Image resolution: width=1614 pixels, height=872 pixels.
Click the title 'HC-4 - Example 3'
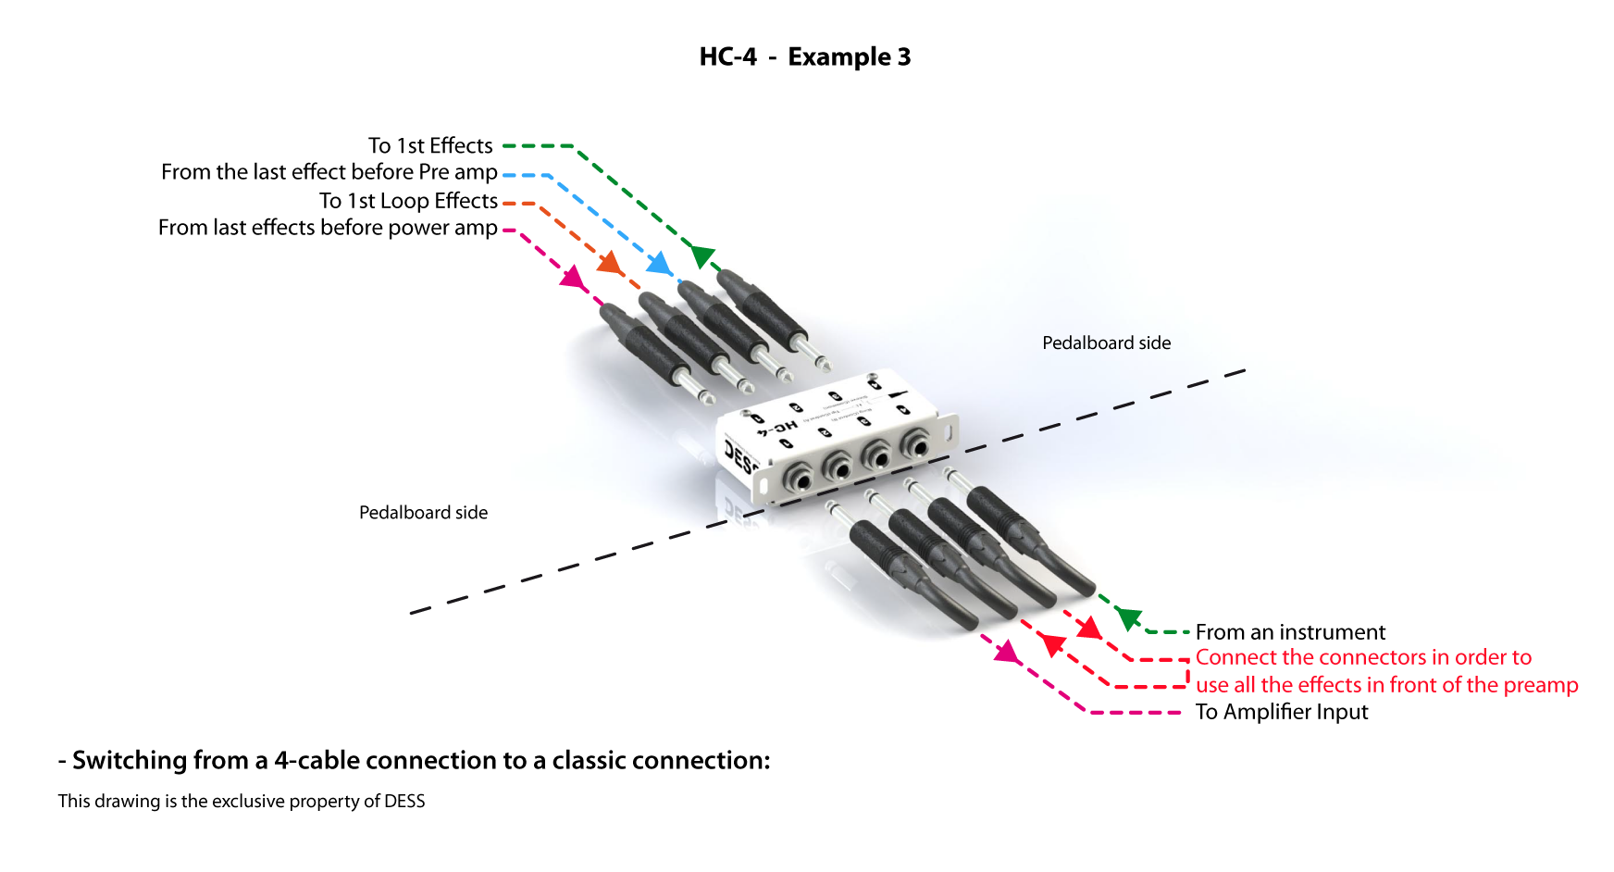(x=804, y=57)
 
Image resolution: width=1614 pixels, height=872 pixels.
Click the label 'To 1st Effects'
(x=430, y=146)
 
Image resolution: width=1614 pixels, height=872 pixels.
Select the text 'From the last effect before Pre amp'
(x=329, y=172)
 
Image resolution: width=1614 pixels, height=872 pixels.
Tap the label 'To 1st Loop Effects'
(x=408, y=201)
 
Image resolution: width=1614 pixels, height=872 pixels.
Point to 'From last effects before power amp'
(x=328, y=228)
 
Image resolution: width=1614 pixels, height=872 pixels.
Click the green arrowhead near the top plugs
(x=702, y=255)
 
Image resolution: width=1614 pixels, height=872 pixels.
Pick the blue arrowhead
(x=659, y=263)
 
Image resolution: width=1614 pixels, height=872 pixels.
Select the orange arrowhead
(x=610, y=263)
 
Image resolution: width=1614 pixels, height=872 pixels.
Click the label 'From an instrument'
(x=1290, y=632)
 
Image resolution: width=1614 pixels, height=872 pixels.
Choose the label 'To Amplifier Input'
(x=1281, y=712)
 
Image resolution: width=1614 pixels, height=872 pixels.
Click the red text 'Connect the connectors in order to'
(x=1363, y=657)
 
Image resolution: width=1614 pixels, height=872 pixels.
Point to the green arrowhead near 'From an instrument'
(x=1128, y=617)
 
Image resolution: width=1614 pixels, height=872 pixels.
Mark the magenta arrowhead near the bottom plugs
(x=1006, y=653)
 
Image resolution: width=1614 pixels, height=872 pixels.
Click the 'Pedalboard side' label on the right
(x=1106, y=343)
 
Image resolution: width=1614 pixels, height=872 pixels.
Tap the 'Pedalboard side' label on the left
(x=423, y=513)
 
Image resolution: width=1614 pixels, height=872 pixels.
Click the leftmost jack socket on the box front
(x=798, y=479)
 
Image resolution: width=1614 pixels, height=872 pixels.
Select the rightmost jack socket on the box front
(x=915, y=447)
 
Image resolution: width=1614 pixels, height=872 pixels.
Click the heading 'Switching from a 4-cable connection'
(x=420, y=761)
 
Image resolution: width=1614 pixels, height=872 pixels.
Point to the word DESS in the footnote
(x=404, y=802)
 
